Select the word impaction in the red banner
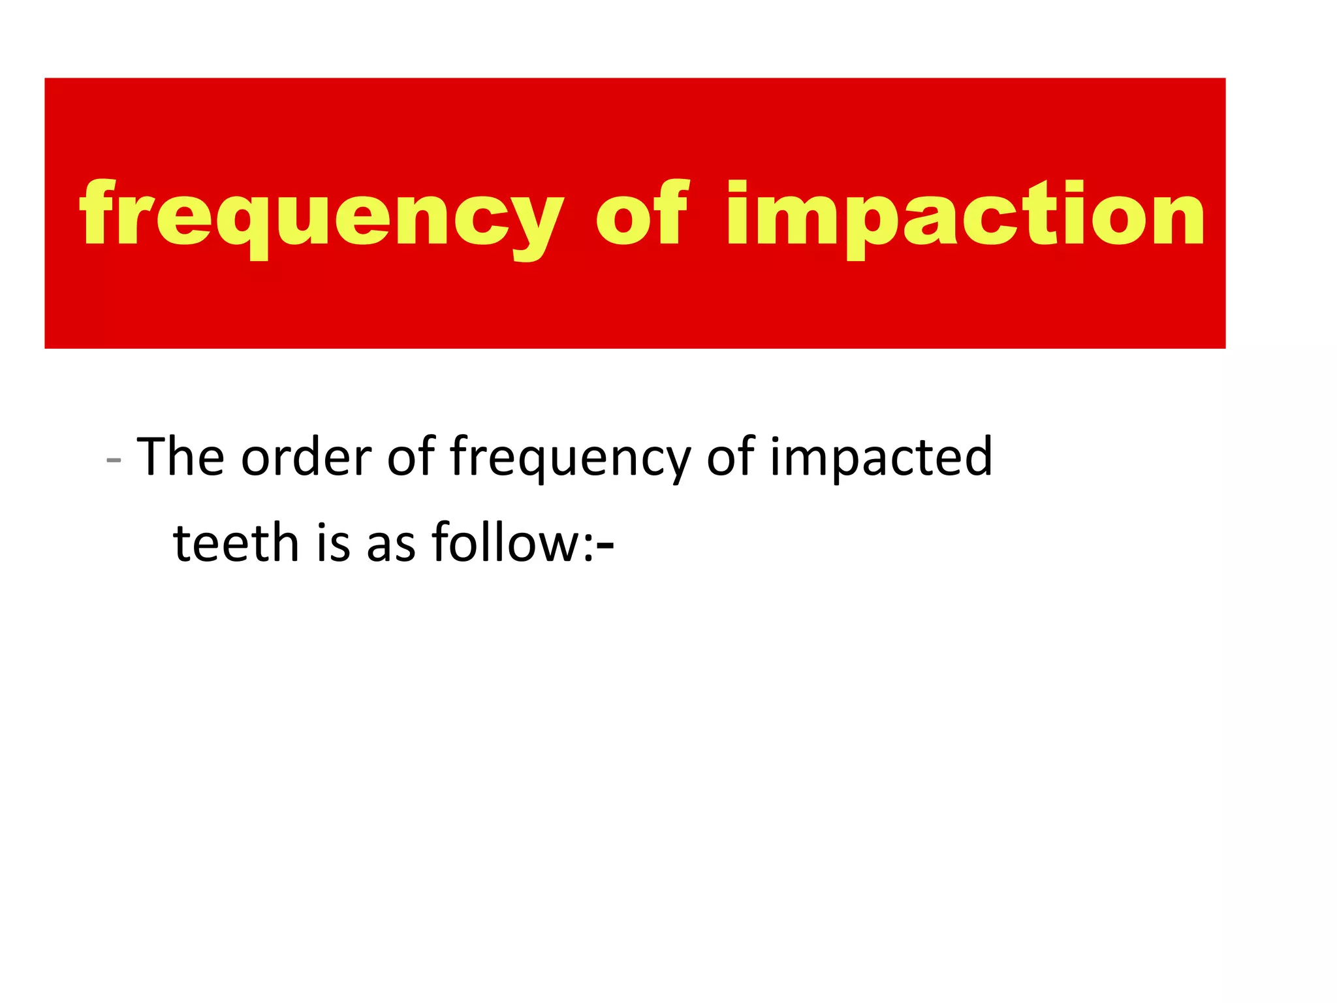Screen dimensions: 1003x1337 (965, 215)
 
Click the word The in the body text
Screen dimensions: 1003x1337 (181, 456)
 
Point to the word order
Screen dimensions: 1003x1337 (306, 456)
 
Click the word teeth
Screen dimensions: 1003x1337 (236, 543)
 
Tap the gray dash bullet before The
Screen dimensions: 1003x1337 (114, 460)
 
